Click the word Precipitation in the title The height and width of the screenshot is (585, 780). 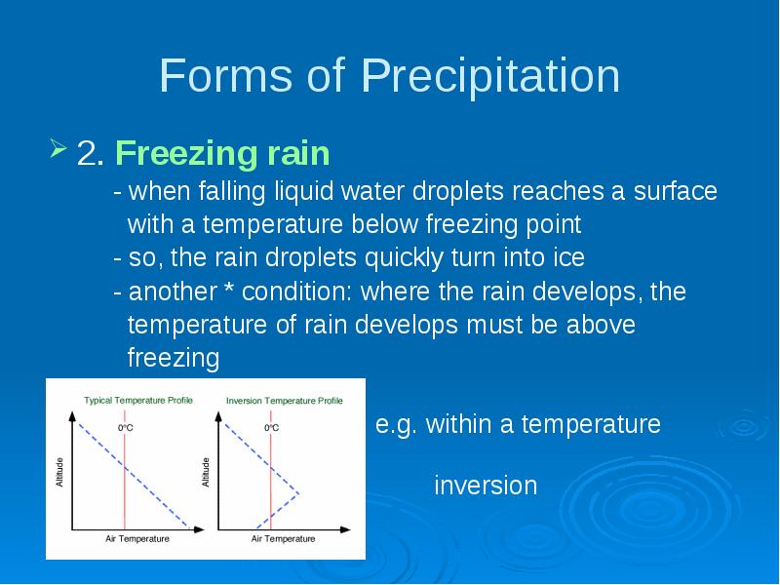tap(490, 76)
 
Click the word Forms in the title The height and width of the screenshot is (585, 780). tap(225, 75)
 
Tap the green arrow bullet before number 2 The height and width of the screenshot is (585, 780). tap(58, 149)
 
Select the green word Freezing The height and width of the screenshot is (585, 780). tap(187, 154)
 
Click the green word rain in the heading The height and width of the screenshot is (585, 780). tap(299, 153)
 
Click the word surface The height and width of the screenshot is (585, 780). tap(675, 191)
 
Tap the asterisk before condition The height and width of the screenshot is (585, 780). tap(229, 288)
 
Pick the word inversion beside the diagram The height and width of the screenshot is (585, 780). tap(486, 485)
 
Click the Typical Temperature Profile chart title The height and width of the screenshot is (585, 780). tap(138, 401)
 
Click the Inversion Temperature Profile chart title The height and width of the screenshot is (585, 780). tap(285, 401)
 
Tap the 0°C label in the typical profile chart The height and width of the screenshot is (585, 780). tap(126, 428)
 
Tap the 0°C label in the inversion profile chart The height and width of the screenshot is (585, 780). tap(272, 428)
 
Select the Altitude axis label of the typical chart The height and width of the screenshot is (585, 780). tap(59, 472)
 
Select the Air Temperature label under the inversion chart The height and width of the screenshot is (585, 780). tap(283, 539)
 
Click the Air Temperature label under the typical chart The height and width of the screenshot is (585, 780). tap(137, 539)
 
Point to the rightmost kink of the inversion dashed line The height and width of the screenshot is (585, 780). tap(299, 494)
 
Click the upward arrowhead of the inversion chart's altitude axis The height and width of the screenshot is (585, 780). tap(218, 416)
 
